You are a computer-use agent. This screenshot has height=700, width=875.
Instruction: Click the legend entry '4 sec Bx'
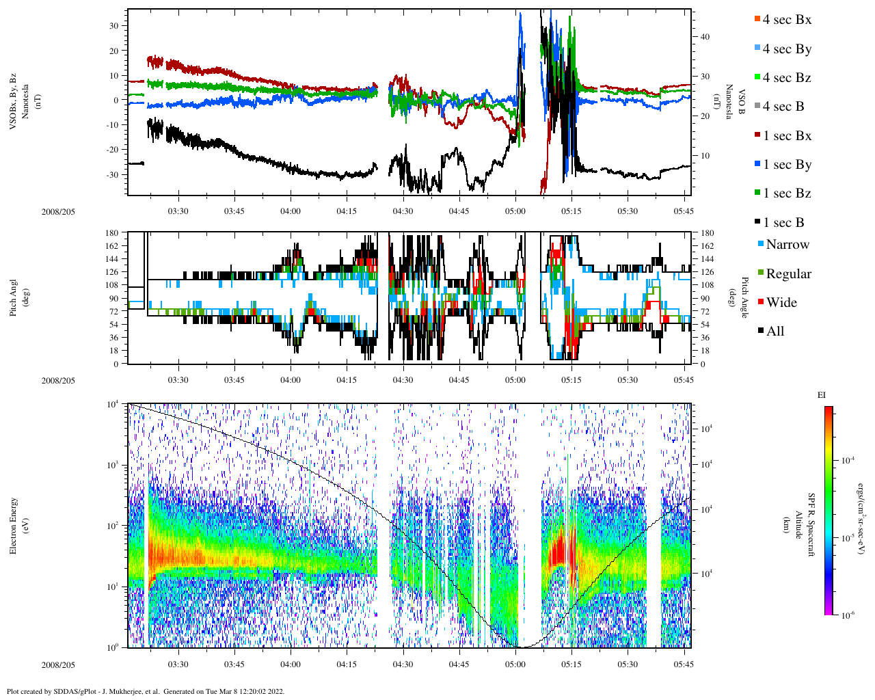coord(787,20)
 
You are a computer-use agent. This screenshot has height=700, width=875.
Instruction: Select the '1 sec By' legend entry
coord(787,165)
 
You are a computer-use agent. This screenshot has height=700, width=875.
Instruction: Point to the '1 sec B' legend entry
coord(783,223)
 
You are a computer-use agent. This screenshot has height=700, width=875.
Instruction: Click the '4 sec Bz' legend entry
coord(787,78)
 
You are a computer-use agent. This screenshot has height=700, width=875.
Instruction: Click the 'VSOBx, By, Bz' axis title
coord(13,102)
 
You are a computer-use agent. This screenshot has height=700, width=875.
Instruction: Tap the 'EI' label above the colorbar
coord(822,395)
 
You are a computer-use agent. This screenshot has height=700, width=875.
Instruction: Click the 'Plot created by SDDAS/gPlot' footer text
coord(146,691)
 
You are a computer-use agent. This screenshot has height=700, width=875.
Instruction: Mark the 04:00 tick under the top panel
coord(291,211)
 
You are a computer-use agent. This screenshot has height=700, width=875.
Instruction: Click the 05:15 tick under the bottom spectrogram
coord(571,664)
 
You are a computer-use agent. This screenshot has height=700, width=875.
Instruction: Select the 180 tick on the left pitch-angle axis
coord(112,233)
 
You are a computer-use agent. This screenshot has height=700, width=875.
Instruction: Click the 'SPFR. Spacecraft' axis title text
coord(812,524)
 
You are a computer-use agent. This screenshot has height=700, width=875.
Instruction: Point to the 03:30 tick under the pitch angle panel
coord(178,380)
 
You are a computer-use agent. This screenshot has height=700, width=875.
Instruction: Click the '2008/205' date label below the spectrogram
coord(58,664)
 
